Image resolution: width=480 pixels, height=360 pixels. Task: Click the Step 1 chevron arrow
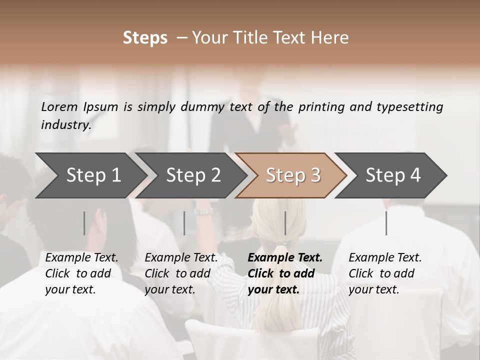click(x=90, y=175)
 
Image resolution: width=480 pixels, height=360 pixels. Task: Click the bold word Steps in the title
click(x=145, y=38)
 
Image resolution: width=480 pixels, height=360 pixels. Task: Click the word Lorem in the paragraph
click(x=59, y=106)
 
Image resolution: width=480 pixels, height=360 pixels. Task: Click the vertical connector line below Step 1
click(x=84, y=223)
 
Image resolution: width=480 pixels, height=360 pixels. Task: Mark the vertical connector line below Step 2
click(x=184, y=223)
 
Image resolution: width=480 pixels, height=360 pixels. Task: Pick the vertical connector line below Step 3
click(x=285, y=223)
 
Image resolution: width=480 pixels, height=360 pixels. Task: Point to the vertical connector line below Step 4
click(x=386, y=223)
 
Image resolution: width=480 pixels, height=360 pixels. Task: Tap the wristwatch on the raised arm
click(x=203, y=211)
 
